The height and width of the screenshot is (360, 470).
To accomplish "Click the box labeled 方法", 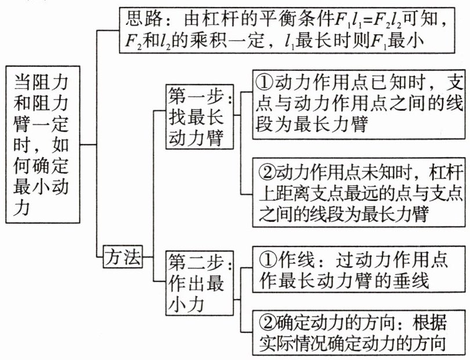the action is (123, 257).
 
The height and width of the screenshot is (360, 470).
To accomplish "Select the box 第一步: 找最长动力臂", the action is (200, 117).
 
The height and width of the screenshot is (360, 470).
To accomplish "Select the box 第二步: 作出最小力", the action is (200, 283).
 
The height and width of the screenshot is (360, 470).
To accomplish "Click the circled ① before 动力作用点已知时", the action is (265, 83).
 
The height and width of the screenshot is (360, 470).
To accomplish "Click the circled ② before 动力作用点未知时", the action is (267, 173).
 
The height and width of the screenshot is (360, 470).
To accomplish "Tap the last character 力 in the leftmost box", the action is (22, 208).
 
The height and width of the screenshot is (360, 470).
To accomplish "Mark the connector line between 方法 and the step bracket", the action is (148, 257).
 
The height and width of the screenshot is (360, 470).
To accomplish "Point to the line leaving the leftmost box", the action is (88, 145).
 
